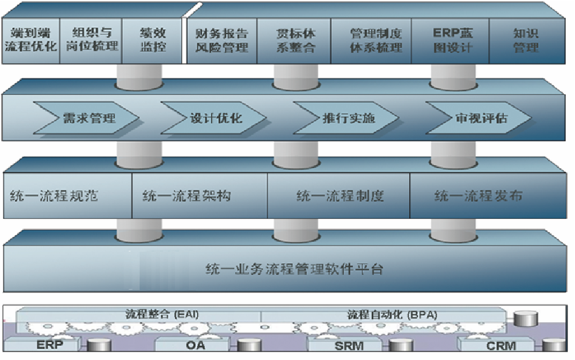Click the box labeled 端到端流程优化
(x=30, y=41)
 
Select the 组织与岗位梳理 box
(x=91, y=41)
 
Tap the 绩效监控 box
(x=152, y=41)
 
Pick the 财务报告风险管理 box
(x=222, y=41)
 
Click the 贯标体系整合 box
(x=294, y=41)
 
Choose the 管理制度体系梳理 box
(x=371, y=41)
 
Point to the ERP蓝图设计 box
(x=450, y=41)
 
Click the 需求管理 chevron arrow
(x=86, y=118)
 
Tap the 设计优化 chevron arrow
(x=213, y=118)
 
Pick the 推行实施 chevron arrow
(x=346, y=118)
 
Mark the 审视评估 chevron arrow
(x=478, y=118)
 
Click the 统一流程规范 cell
(x=67, y=196)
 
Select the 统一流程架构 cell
(x=199, y=196)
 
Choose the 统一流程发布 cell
(x=488, y=196)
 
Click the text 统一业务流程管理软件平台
(x=294, y=269)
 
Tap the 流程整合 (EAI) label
(x=162, y=314)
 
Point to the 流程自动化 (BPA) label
(x=392, y=315)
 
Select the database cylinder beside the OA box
(x=249, y=345)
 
